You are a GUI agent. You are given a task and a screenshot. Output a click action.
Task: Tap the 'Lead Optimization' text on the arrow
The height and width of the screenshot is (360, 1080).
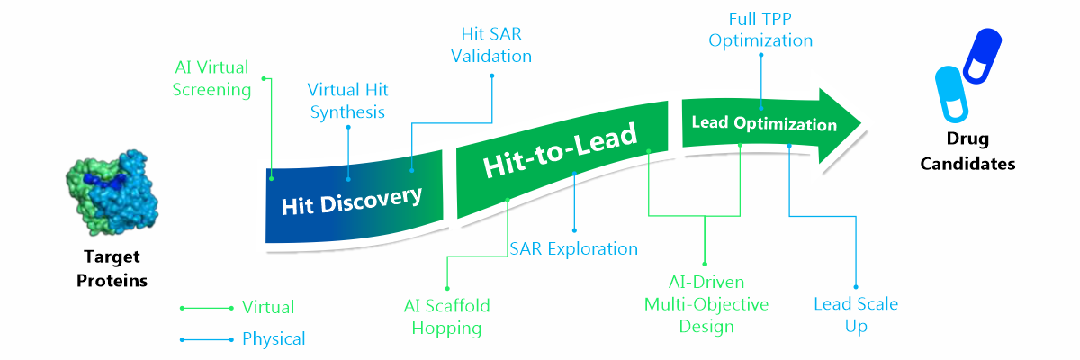764,124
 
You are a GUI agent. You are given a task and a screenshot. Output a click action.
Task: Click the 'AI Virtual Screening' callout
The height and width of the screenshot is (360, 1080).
212,78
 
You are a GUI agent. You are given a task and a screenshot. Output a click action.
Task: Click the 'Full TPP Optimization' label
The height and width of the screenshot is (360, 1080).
760,31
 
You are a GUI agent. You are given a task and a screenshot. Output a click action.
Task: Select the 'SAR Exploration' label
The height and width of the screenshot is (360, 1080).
573,248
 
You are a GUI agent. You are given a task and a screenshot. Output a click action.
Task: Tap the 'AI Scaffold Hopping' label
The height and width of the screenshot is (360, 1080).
446,316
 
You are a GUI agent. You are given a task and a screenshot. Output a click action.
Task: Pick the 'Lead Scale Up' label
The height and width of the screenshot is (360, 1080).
855,314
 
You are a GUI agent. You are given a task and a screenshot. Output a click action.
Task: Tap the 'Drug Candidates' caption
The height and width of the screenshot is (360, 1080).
967,151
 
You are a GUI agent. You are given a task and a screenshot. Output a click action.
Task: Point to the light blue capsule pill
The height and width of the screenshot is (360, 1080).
951,93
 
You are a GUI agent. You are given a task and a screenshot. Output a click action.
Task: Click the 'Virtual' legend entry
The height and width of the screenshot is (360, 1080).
267,308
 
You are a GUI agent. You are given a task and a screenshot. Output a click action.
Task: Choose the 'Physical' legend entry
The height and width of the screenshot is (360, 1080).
274,339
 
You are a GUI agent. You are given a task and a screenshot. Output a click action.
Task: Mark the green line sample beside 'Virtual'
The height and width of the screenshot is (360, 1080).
206,308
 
